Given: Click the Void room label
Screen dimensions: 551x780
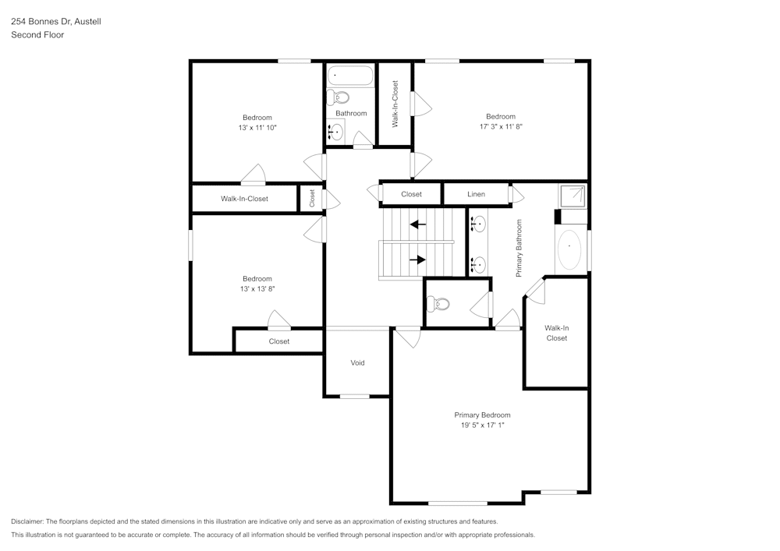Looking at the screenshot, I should tap(357, 363).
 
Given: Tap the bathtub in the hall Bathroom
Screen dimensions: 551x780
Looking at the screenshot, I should tap(350, 76).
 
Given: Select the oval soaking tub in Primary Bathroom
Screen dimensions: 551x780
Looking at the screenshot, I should tap(570, 250).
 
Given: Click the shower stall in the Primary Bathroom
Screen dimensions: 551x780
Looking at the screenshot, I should tap(573, 195).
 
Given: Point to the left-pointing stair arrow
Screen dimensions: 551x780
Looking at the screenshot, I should tap(418, 224).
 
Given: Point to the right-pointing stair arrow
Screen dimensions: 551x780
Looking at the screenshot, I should tap(418, 260).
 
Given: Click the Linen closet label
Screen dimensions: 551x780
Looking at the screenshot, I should tap(476, 194).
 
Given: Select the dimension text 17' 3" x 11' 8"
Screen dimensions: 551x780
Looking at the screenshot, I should tap(501, 126).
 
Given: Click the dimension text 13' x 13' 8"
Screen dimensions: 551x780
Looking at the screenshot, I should tap(257, 288).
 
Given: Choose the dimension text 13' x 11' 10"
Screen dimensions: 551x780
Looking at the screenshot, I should tap(257, 127).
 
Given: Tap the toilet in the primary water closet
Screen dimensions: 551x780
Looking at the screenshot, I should tap(441, 304).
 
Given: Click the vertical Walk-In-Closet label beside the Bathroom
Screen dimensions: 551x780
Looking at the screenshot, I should tap(395, 104).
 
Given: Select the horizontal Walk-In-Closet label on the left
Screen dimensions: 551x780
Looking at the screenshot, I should tap(244, 199).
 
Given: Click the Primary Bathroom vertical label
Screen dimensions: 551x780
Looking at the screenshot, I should tap(519, 248).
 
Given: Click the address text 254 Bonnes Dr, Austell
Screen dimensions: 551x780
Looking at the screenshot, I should tap(55, 22).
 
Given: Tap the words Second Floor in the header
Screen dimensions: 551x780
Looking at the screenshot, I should tap(37, 35).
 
